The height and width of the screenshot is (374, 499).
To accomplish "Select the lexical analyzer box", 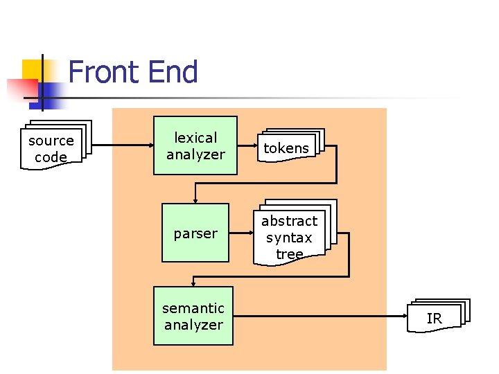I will point(195,145).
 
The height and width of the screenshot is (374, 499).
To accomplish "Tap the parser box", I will point(195,233).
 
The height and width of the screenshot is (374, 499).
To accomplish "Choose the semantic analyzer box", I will point(193,316).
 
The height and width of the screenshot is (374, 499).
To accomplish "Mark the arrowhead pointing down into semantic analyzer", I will point(193,282).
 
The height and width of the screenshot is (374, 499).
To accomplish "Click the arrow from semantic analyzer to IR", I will point(319,316).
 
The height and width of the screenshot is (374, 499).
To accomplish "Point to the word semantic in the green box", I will point(193,308).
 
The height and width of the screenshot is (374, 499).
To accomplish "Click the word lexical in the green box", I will point(195,138).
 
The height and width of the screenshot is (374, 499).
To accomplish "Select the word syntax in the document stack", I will point(289,238).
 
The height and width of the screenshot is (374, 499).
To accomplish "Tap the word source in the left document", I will point(51,141).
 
